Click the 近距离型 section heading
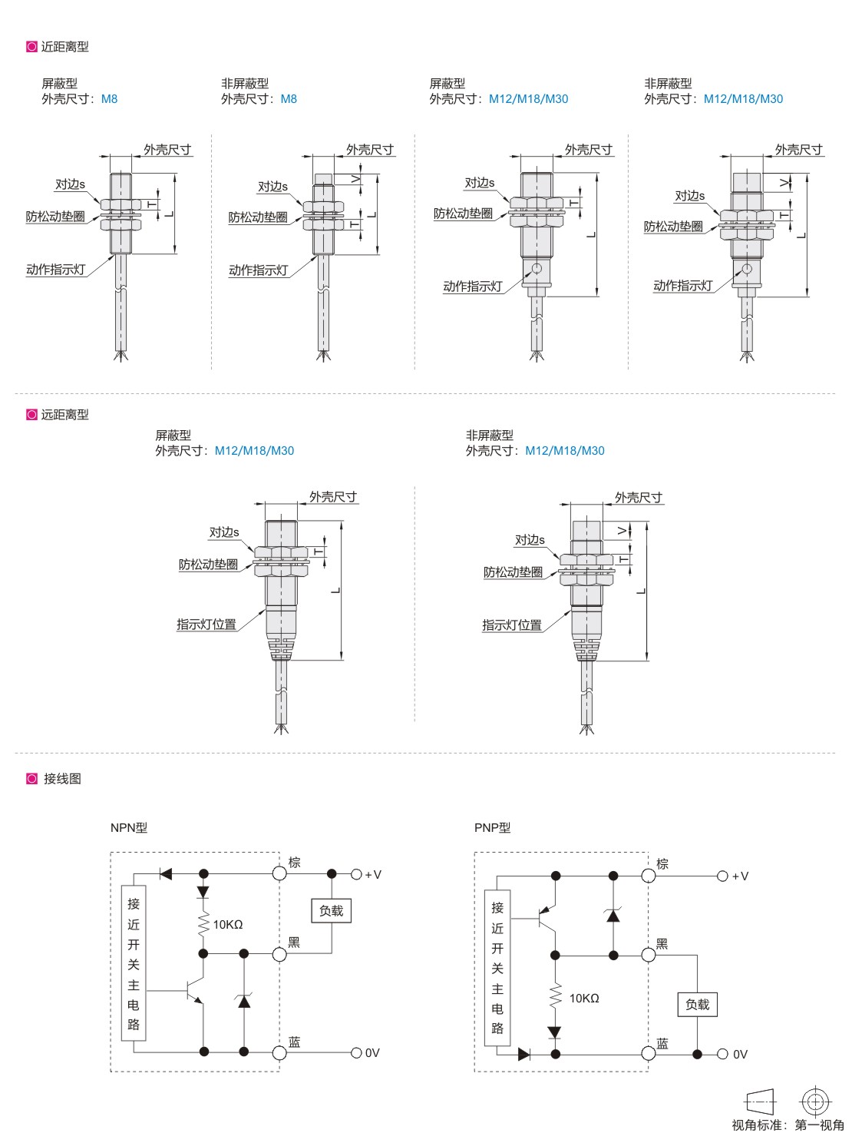65,47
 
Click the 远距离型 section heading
65,415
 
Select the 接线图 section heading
62,778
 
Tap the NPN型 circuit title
129,827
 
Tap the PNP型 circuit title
493,827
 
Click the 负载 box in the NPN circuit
331,910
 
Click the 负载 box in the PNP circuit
697,1005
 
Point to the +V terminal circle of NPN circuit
356,874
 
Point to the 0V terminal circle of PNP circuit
722,1054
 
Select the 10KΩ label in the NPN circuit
228,925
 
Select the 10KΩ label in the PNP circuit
584,999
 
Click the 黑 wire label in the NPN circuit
294,943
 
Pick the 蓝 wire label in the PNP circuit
662,1043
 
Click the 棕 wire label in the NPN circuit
295,862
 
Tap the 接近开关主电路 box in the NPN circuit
134,963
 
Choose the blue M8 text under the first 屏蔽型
109,99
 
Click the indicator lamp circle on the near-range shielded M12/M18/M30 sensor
537,268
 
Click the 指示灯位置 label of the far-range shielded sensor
206,624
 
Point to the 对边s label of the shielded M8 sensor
70,184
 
